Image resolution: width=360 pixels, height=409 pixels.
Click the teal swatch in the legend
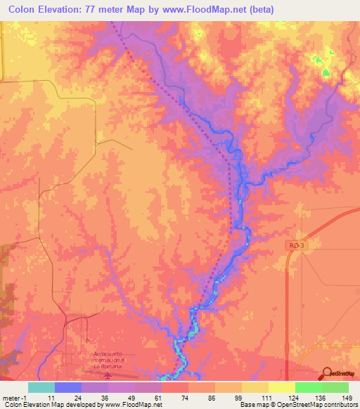pyautogui.click(x=41, y=387)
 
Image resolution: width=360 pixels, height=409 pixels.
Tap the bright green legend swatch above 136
pyautogui.click(x=308, y=387)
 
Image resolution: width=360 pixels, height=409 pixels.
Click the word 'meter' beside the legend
pyautogui.click(x=11, y=398)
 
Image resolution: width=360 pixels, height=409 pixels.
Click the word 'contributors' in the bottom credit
pyautogui.click(x=340, y=405)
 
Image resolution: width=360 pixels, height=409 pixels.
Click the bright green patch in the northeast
pyautogui.click(x=325, y=72)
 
